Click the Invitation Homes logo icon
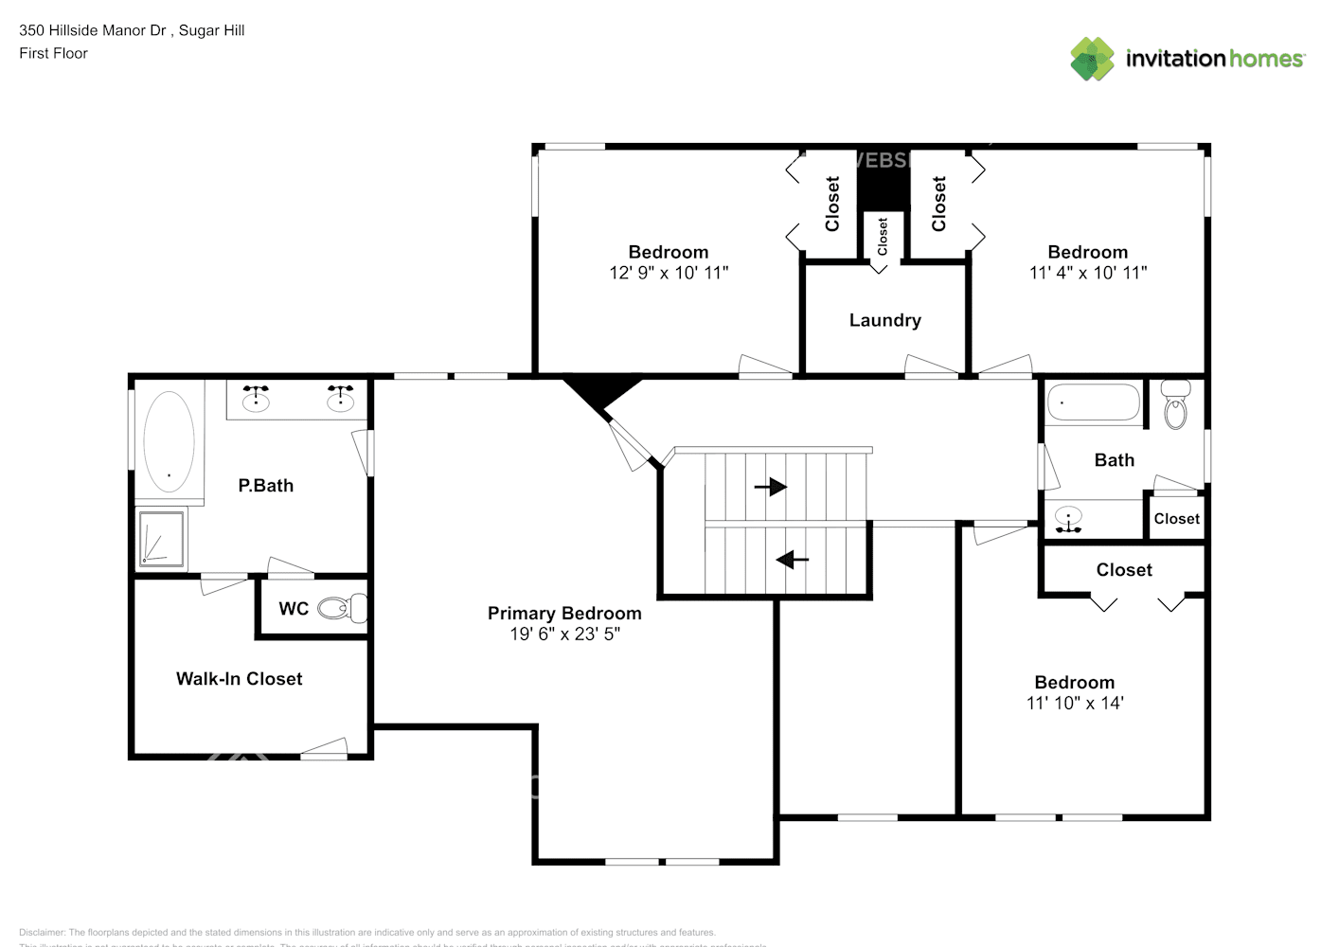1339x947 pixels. pos(1092,59)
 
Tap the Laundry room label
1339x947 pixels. pos(884,320)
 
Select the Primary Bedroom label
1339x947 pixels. pos(564,613)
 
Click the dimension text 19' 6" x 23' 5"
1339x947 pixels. pos(564,634)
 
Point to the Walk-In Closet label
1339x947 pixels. pos(239,679)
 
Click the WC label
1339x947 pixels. pos(293,609)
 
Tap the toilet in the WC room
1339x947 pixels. pos(342,608)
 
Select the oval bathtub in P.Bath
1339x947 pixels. pos(169,441)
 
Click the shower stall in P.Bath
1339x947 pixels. pos(162,538)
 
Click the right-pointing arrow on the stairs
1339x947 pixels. pos(771,487)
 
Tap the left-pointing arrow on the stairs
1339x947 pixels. pos(792,560)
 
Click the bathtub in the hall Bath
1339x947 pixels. pos(1094,402)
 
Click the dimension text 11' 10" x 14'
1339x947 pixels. pos(1075,704)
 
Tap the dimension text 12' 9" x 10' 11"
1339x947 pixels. pos(669,273)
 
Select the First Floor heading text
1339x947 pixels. pos(53,53)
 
